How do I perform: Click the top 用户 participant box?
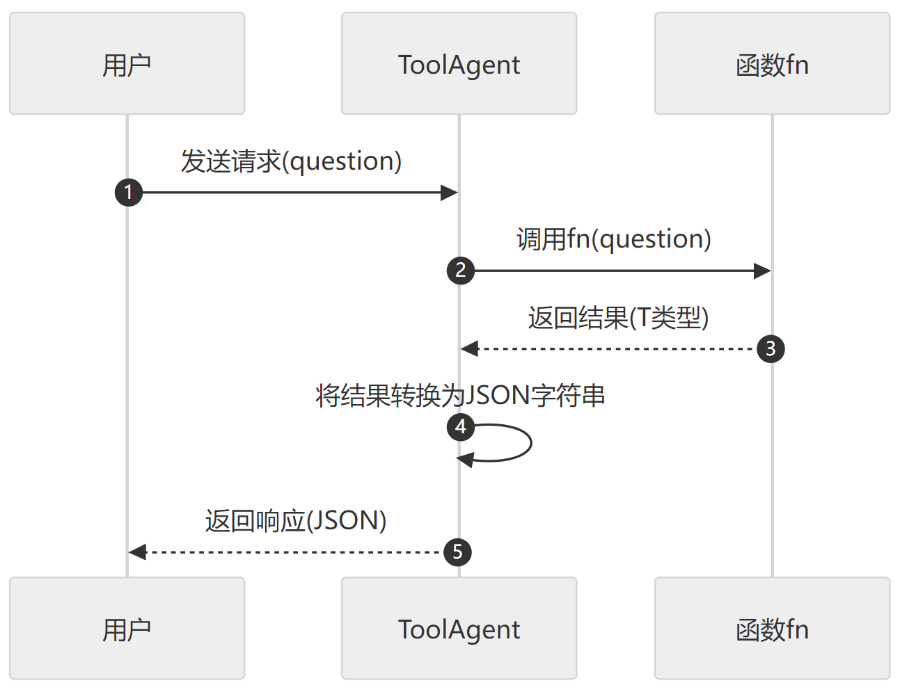click(x=127, y=63)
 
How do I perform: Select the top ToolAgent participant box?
click(x=459, y=63)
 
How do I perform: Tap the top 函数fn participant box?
click(x=772, y=63)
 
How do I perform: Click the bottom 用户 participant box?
click(x=127, y=628)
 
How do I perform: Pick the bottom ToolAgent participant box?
click(x=459, y=628)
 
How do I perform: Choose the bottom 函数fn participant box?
click(x=772, y=628)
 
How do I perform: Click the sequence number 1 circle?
click(x=129, y=193)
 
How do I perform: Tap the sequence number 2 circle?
click(x=460, y=271)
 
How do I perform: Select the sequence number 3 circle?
click(x=771, y=348)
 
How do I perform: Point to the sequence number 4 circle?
click(x=460, y=426)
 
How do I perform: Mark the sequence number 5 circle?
click(x=457, y=552)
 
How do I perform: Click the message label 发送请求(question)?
click(x=291, y=161)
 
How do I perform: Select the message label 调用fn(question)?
click(x=614, y=239)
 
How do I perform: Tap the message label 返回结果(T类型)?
click(x=618, y=318)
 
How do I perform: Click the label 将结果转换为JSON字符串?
click(x=460, y=395)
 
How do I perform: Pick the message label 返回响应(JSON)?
click(x=296, y=521)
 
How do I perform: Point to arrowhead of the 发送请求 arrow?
click(x=450, y=193)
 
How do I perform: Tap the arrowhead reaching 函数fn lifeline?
click(x=762, y=271)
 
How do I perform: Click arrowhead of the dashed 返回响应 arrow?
click(x=137, y=552)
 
